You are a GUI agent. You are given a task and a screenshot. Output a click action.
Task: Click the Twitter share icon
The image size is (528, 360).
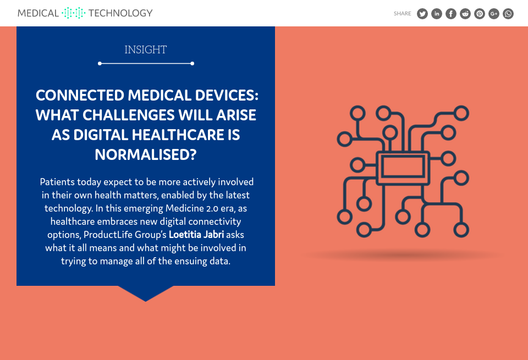coord(422,13)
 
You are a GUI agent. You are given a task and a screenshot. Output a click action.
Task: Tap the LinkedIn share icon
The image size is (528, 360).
coord(437,13)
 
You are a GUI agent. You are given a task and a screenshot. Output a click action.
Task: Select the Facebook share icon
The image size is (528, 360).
coord(451,13)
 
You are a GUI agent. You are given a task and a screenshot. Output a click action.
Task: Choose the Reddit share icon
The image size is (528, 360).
coord(465,13)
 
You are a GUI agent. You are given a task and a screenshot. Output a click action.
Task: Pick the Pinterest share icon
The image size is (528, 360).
coord(480,13)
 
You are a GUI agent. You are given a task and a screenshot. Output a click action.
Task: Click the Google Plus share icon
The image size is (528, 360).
coord(494,13)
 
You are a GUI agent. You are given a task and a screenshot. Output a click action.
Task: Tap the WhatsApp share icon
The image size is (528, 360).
coord(508,13)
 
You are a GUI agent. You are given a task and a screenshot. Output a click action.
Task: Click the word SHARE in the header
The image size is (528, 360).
coord(403,13)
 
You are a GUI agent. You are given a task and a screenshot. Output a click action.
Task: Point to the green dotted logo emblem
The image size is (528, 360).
coord(73,13)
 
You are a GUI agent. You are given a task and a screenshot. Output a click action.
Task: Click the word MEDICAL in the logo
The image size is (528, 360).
coord(38,13)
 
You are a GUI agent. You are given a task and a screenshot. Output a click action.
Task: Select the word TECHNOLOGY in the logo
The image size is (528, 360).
coord(120,13)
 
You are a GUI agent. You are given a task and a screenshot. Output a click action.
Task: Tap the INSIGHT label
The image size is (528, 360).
coord(145,50)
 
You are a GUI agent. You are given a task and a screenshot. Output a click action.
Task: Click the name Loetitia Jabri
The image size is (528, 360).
coord(196,235)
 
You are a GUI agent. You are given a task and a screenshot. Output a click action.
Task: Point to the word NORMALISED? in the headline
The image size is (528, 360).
coord(145,155)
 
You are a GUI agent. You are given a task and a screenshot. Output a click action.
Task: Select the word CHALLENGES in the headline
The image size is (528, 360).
coord(129,115)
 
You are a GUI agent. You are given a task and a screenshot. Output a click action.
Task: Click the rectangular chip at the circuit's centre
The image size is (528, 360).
coord(403,167)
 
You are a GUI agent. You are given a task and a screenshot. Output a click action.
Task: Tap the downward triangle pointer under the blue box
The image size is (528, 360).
coord(145,293)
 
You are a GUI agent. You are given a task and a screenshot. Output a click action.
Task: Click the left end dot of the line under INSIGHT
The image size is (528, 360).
coord(100,63)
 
